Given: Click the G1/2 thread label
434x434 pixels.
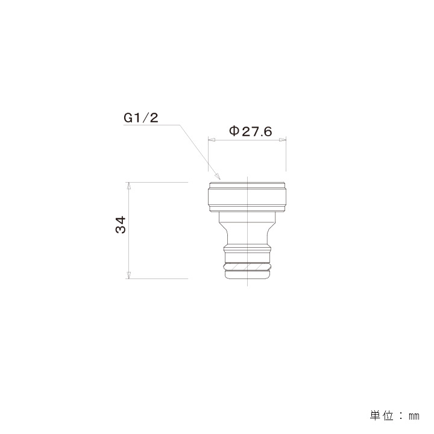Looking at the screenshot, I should (x=140, y=118).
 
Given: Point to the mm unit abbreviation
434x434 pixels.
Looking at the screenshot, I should (x=414, y=417).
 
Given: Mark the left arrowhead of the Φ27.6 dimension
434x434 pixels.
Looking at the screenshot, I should (x=211, y=140).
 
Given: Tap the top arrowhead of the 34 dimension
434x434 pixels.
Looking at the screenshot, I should (x=128, y=186).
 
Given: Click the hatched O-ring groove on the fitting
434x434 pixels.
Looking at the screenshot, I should (x=248, y=266).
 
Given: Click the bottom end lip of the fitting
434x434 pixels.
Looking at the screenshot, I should (x=248, y=275).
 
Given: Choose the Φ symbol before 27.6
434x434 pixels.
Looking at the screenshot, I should (x=234, y=131).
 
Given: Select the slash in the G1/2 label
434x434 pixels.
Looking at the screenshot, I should (x=144, y=118).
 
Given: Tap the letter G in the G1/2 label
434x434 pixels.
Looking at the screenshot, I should (x=128, y=118).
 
